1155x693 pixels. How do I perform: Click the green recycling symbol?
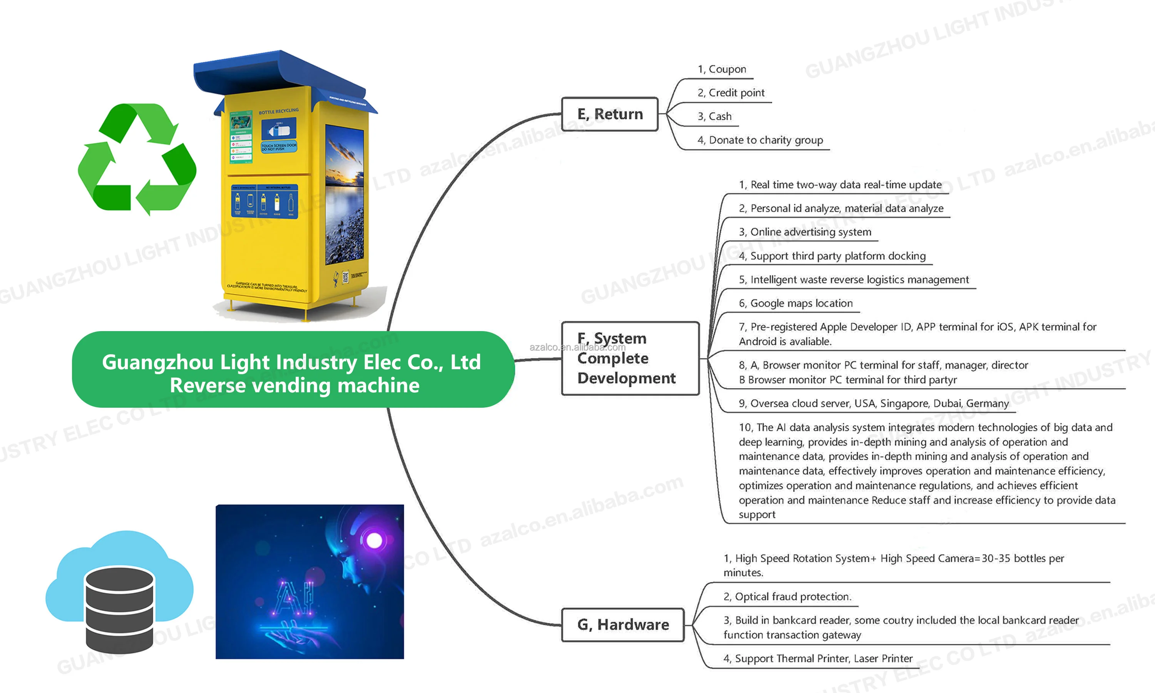[x=137, y=159]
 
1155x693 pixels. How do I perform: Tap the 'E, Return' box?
[x=610, y=114]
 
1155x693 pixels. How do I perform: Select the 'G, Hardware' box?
[x=623, y=624]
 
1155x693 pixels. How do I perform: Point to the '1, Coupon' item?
[x=722, y=69]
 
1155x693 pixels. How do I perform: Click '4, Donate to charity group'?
[x=760, y=140]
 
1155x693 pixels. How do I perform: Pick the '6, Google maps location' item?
[x=795, y=303]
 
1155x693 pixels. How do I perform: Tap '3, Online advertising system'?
[x=805, y=232]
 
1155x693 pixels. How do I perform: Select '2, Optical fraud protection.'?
[x=787, y=596]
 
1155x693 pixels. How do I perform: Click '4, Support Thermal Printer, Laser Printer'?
[x=817, y=658]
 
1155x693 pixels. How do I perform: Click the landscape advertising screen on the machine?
[x=345, y=194]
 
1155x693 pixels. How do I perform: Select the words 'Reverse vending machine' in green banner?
[x=294, y=386]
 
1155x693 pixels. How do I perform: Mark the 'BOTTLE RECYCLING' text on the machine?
[x=278, y=112]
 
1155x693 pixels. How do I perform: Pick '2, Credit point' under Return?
[x=731, y=93]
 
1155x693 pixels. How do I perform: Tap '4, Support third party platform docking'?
[x=832, y=256]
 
